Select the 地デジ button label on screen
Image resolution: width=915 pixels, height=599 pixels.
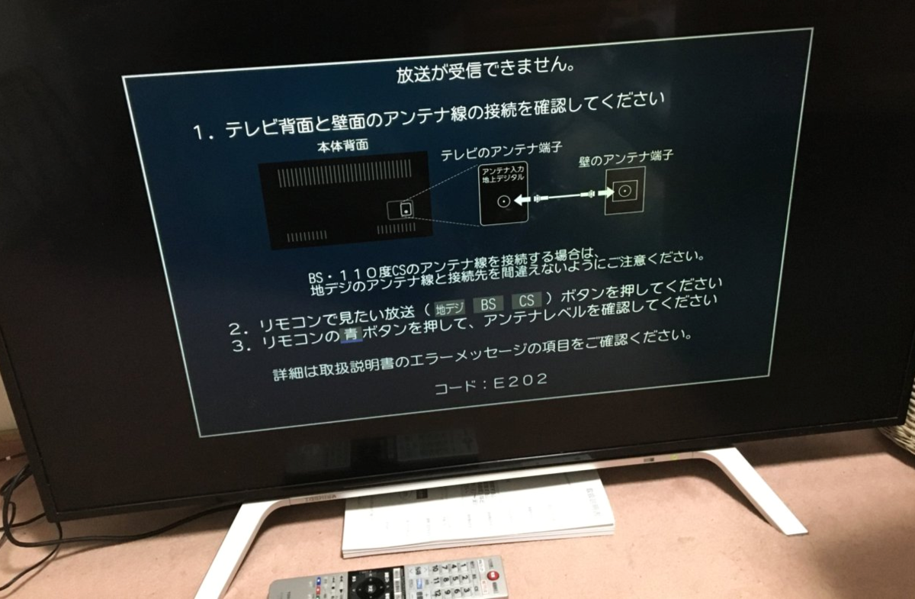[448, 308]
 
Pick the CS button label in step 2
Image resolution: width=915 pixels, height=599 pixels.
[526, 301]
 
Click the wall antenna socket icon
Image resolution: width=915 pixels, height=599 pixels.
[624, 192]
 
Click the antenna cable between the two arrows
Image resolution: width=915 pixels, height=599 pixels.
[563, 198]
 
